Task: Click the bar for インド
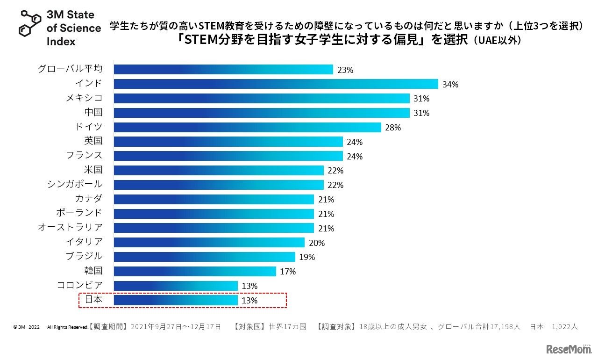coord(276,84)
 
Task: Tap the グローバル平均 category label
coord(70,69)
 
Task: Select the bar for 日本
coord(176,300)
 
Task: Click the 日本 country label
coord(93,300)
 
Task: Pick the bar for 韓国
coord(195,271)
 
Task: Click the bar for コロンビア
coord(176,286)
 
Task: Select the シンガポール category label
coord(75,184)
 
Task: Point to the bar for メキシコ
coord(262,99)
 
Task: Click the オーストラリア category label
coord(70,228)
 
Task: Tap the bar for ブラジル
coord(204,257)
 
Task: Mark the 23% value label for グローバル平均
coord(345,70)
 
